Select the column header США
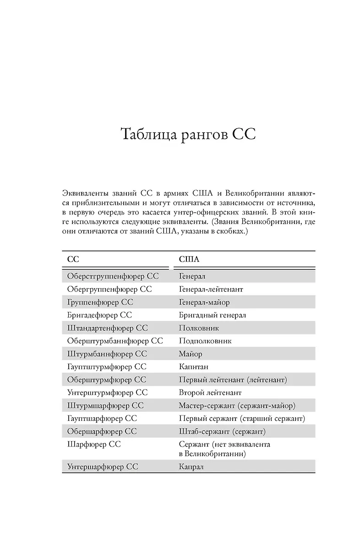[189, 259]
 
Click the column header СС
[73, 259]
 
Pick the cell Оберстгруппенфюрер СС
[113, 276]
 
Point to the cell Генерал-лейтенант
[211, 289]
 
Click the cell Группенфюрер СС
[100, 302]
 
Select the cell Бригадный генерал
[212, 315]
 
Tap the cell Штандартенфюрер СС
[107, 328]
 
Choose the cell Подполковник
[205, 341]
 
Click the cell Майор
[190, 354]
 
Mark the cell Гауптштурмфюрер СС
[106, 366]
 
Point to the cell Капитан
[193, 366]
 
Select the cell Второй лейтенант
[210, 393]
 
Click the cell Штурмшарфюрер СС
[105, 405]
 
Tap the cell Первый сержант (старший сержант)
[241, 418]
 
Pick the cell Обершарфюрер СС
[102, 431]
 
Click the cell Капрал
[191, 467]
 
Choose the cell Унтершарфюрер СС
[102, 467]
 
